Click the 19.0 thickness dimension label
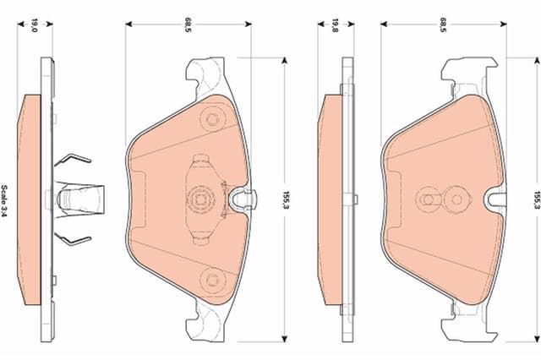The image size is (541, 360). pos(34,25)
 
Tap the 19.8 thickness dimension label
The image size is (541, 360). pos(335,25)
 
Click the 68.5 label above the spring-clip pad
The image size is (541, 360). pos(188,25)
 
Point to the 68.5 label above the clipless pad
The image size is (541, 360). pos(442,25)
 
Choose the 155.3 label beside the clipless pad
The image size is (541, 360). pos(536,200)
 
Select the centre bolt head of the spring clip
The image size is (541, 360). pos(199,200)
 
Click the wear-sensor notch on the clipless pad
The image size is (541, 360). pos(497,200)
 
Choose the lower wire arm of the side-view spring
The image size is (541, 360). pos(74,239)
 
